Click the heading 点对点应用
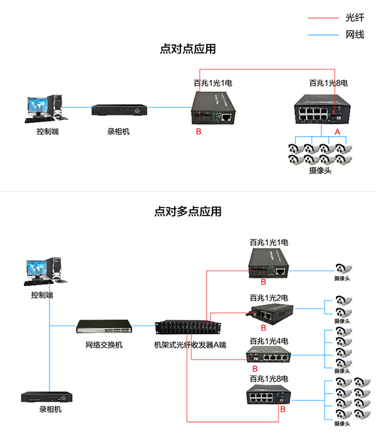pyautogui.click(x=188, y=49)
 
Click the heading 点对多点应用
pyautogui.click(x=188, y=211)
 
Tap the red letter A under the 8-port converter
pyautogui.click(x=337, y=132)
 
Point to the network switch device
pyautogui.click(x=104, y=327)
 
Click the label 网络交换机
pyautogui.click(x=104, y=345)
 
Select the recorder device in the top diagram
pyautogui.click(x=119, y=110)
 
